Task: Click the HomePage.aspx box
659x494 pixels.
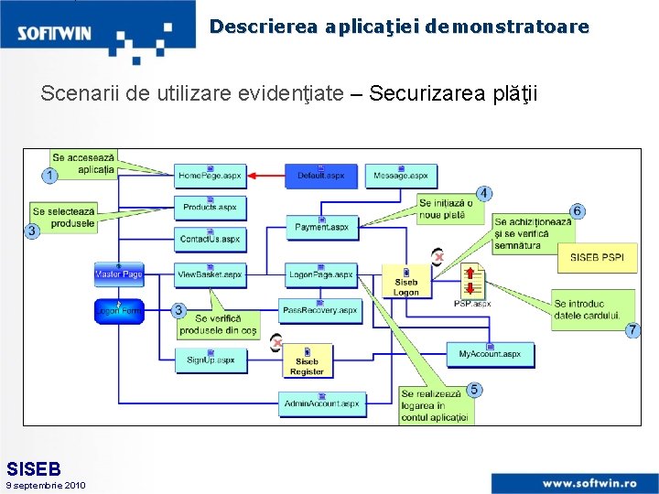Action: tap(211, 175)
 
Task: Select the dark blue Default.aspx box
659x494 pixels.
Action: tap(321, 175)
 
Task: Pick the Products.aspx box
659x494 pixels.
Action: tap(211, 207)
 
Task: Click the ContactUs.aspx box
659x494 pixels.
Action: tap(211, 239)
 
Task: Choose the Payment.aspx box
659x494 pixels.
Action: tap(321, 226)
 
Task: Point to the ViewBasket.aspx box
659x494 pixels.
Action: tap(211, 274)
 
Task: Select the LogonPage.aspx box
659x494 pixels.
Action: tap(321, 274)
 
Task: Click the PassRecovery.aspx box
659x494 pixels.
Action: tap(320, 310)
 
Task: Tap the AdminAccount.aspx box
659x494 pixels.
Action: tap(321, 403)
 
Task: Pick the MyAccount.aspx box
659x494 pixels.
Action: tap(490, 353)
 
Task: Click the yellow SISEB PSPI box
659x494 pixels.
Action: tap(597, 258)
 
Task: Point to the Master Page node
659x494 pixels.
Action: tap(119, 274)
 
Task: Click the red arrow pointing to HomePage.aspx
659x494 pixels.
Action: tap(266, 175)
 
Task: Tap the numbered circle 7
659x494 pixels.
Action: tap(632, 330)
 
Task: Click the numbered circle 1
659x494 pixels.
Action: tap(49, 175)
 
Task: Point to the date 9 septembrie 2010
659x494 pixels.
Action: tap(46, 485)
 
